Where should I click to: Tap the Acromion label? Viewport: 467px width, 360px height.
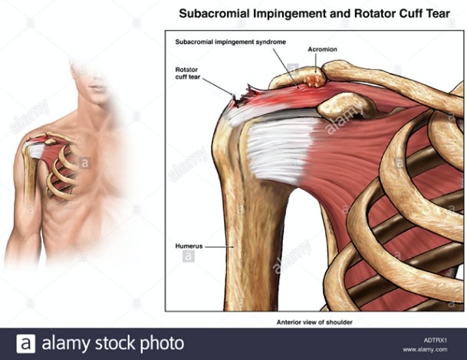[322, 49]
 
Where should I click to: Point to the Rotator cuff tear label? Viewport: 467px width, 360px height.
[188, 72]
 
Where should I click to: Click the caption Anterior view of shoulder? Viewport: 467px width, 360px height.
[314, 322]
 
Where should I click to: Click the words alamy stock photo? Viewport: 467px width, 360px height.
[112, 343]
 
